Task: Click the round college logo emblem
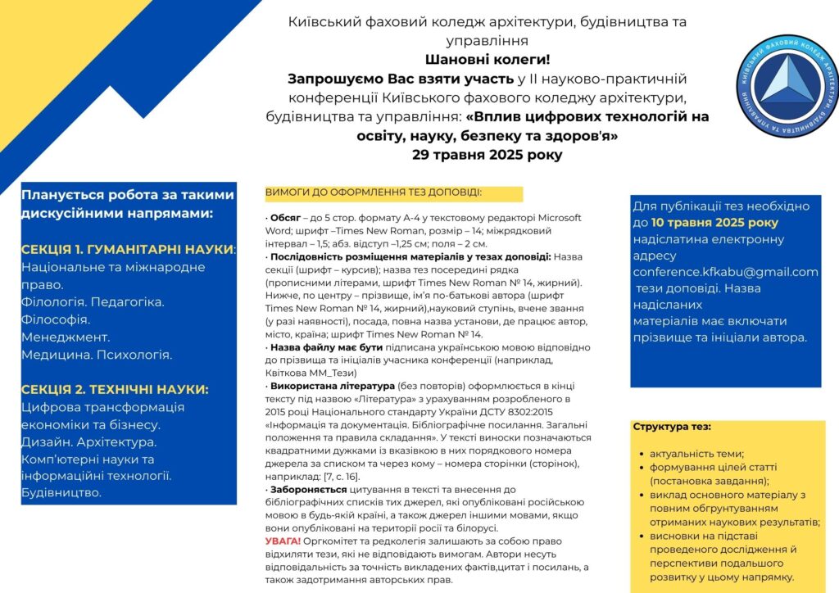pyautogui.click(x=787, y=86)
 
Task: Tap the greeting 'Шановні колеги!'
pyautogui.click(x=488, y=59)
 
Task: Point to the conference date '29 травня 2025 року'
pyautogui.click(x=488, y=154)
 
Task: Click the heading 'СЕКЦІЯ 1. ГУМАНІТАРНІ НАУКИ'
pyautogui.click(x=127, y=248)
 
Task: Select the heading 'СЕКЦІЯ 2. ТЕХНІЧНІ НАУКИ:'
pyautogui.click(x=115, y=389)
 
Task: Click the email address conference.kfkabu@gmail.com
pyautogui.click(x=725, y=272)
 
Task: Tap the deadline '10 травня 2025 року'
pyautogui.click(x=714, y=223)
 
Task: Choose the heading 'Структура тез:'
pyautogui.click(x=672, y=427)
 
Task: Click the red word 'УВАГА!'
pyautogui.click(x=283, y=541)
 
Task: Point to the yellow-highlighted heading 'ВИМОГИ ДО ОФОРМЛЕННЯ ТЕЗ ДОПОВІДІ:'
pyautogui.click(x=373, y=192)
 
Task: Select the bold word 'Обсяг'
pyautogui.click(x=286, y=218)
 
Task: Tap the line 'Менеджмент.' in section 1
pyautogui.click(x=66, y=337)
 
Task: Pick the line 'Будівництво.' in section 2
pyautogui.click(x=61, y=492)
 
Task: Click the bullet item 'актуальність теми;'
pyautogui.click(x=696, y=454)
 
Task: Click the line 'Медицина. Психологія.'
pyautogui.click(x=97, y=355)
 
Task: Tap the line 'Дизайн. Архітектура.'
pyautogui.click(x=88, y=442)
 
